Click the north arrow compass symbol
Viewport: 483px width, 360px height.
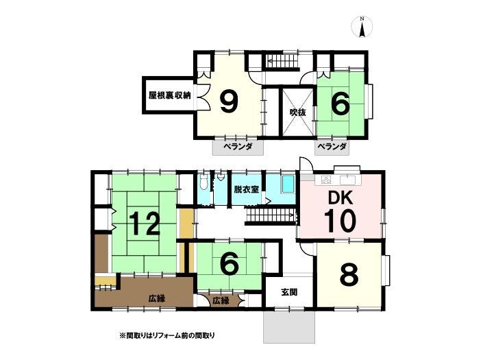point(362,27)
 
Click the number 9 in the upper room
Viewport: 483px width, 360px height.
point(230,102)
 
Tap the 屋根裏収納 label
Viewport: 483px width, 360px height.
point(170,95)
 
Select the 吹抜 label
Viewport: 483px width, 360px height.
point(298,112)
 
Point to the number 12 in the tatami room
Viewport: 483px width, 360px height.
point(145,224)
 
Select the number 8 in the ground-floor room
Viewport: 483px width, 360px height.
point(349,275)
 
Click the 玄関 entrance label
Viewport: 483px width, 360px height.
point(290,291)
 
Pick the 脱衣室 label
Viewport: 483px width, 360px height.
point(246,189)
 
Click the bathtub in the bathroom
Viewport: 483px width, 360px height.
point(288,184)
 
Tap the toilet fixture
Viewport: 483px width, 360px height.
point(203,182)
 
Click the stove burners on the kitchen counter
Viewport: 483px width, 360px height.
point(325,180)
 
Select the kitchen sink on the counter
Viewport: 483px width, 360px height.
point(348,180)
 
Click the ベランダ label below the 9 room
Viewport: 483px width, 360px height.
point(238,147)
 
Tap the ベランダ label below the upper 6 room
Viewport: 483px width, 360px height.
point(332,146)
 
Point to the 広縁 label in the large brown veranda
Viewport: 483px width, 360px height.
point(157,298)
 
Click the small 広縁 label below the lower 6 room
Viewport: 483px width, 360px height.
point(221,301)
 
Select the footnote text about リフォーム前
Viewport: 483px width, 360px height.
point(167,335)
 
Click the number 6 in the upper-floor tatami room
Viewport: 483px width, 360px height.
point(340,104)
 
